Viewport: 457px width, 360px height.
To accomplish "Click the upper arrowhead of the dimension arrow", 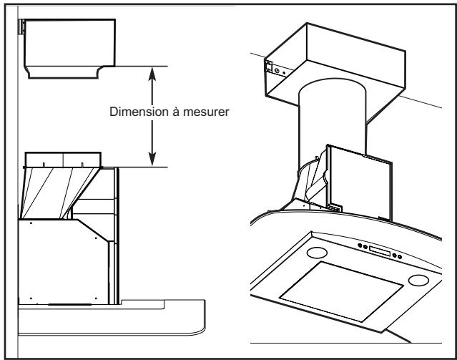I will pos(152,72).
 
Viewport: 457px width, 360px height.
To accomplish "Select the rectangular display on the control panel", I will pos(380,251).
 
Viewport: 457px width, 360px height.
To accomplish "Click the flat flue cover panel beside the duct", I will pos(358,179).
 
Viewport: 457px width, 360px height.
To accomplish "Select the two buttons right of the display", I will pos(398,257).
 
